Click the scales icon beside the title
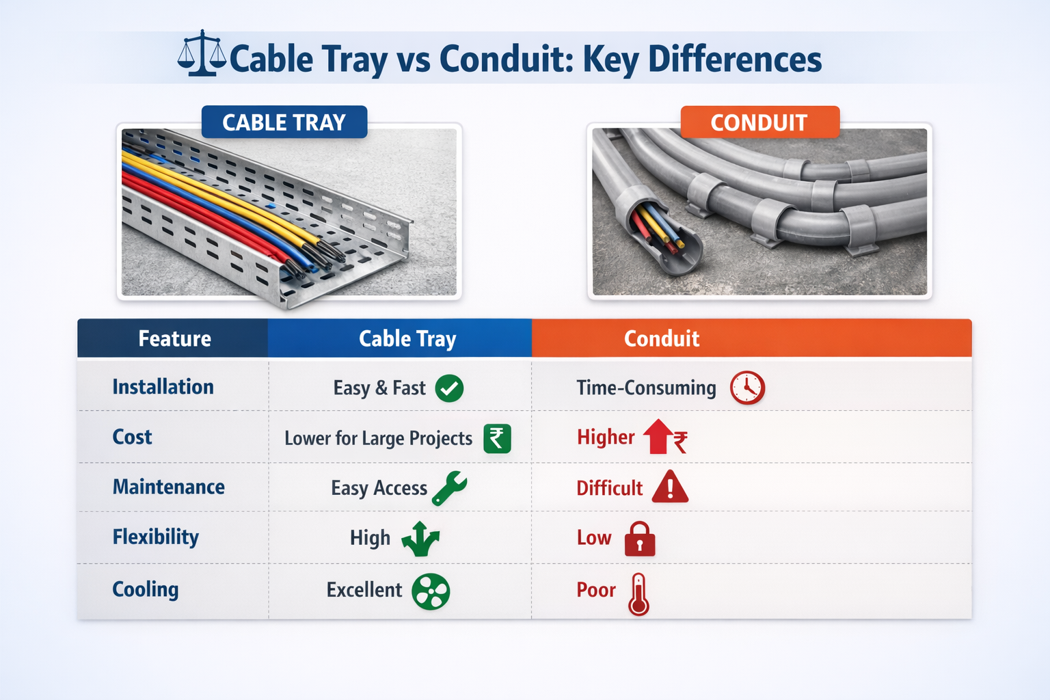[202, 53]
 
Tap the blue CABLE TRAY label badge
[284, 122]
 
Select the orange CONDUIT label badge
[759, 122]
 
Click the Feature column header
[174, 338]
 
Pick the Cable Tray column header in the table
[407, 338]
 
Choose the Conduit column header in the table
[661, 338]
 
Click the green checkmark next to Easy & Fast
[449, 388]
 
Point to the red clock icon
[747, 388]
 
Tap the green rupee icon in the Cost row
[497, 438]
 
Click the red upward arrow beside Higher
[658, 436]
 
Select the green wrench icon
[449, 488]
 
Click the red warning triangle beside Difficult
[670, 487]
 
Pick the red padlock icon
[639, 539]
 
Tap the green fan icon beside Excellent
[430, 591]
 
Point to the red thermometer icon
[638, 594]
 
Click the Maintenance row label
[168, 487]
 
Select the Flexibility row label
[156, 537]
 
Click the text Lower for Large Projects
[378, 438]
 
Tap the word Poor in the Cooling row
[596, 590]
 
